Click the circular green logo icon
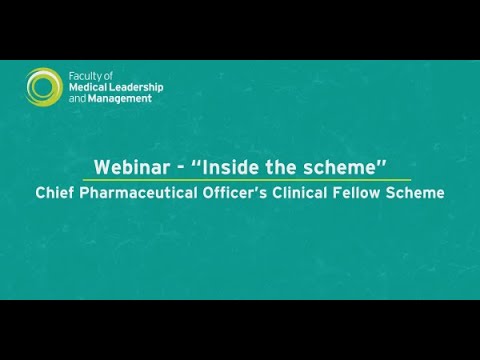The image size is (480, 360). pos(45,86)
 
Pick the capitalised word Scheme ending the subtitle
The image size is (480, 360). pos(421,192)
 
